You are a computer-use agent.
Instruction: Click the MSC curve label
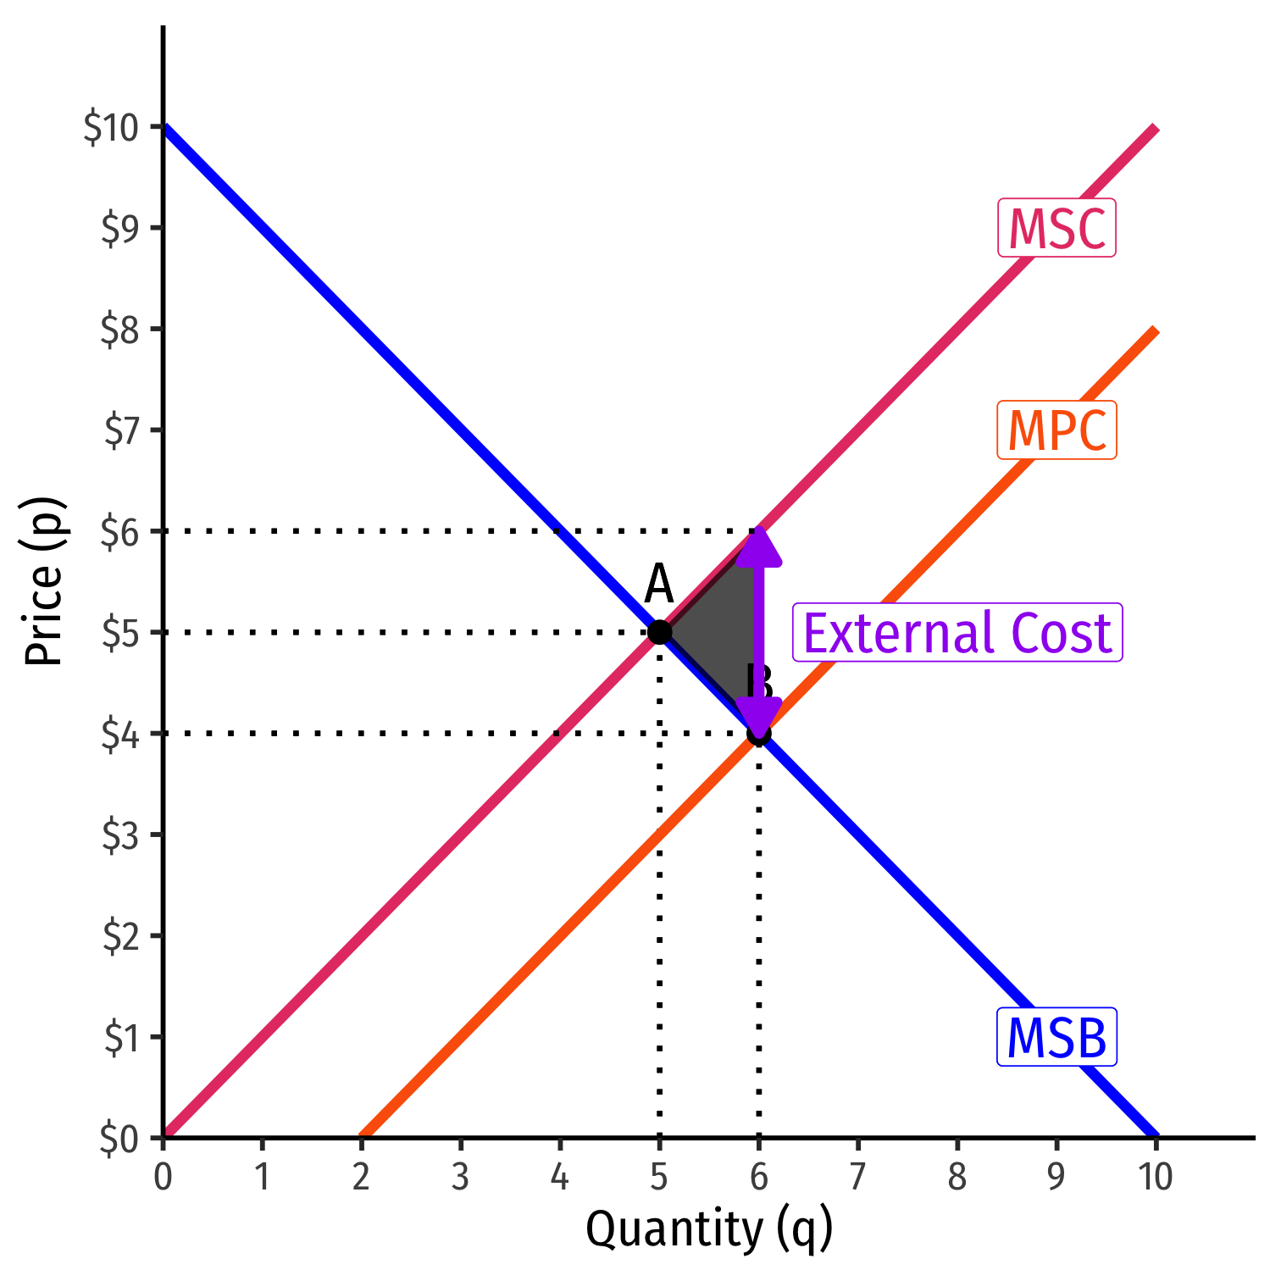click(1056, 228)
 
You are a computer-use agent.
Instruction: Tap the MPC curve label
click(1056, 430)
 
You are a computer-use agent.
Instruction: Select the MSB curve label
click(1056, 1037)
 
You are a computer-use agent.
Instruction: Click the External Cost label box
click(957, 633)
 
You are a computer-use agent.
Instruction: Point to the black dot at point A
click(659, 632)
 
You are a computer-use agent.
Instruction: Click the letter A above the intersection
click(658, 585)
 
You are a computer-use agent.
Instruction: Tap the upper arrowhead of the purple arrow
click(758, 546)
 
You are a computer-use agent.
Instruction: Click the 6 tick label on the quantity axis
click(758, 1177)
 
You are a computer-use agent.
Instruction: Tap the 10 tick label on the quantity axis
click(1155, 1177)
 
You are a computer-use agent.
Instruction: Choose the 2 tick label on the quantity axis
click(361, 1177)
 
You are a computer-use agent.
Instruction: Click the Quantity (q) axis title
click(709, 1230)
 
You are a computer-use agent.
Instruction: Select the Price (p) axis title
click(44, 580)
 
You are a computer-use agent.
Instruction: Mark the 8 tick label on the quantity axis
click(957, 1177)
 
